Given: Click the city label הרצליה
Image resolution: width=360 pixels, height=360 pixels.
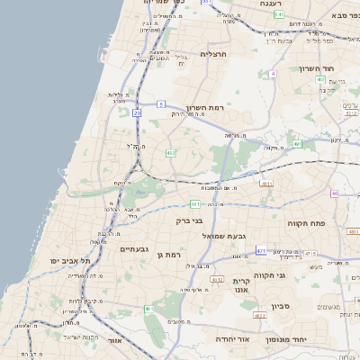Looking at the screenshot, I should point(213,54).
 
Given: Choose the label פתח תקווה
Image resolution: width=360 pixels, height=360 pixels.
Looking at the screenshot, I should point(306,221).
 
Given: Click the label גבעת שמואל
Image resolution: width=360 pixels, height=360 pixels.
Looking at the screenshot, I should point(217,235).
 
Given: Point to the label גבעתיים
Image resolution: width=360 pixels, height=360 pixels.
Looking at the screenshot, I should point(134,248).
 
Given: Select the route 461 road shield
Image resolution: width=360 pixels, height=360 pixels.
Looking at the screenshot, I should point(148,309).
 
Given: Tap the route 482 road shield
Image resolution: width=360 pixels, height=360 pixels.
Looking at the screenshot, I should point(171,153).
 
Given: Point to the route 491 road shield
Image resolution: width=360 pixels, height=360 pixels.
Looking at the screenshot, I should point(297,143).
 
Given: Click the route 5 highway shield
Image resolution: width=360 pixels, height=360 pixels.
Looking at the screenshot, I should point(160,104).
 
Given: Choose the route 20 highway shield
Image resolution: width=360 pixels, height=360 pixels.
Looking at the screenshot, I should point(137,113).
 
